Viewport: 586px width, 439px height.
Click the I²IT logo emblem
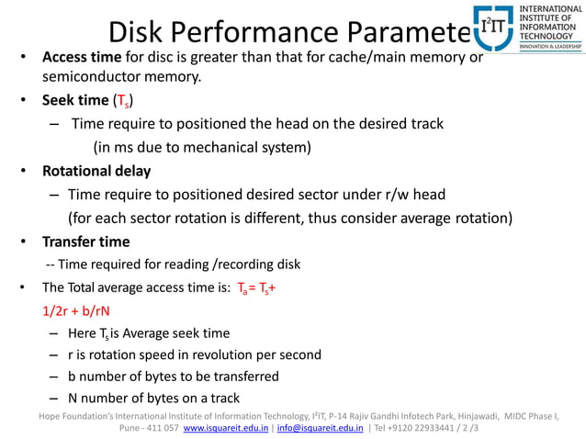click(x=493, y=28)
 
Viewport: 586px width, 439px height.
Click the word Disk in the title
click(x=139, y=32)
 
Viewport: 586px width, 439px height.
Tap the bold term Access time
click(x=83, y=58)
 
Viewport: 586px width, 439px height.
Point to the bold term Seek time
click(x=74, y=99)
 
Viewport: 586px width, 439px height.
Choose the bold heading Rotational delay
click(x=96, y=171)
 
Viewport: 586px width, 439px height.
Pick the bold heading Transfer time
click(x=85, y=242)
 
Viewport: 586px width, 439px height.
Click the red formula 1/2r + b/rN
click(x=71, y=310)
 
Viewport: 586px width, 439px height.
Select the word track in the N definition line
click(x=221, y=399)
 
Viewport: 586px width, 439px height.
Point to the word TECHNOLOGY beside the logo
click(x=548, y=35)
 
